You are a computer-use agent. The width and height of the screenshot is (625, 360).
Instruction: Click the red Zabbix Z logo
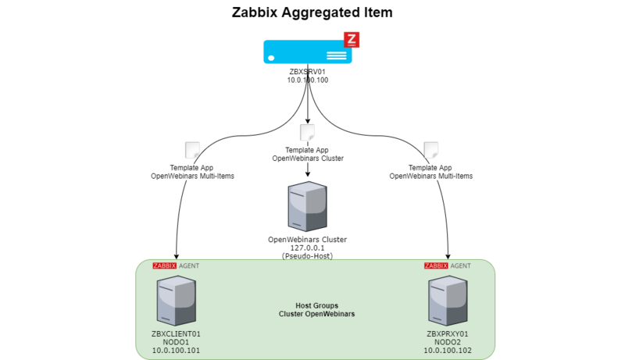point(352,40)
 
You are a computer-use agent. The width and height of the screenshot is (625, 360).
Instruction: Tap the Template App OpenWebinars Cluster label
point(308,154)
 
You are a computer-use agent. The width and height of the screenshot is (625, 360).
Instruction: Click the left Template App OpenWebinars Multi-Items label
point(192,172)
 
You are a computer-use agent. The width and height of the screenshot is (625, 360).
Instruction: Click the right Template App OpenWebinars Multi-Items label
point(431,172)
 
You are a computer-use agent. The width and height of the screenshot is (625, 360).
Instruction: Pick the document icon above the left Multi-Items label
point(192,150)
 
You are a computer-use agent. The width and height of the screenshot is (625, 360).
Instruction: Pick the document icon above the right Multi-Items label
point(431,150)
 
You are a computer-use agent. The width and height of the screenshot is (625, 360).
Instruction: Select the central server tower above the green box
point(307,206)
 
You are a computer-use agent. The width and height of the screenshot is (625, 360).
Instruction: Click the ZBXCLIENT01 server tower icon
point(177,301)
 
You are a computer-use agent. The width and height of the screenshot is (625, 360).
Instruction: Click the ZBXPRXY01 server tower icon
point(448,301)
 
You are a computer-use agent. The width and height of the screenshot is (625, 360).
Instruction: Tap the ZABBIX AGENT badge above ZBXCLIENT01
point(176,266)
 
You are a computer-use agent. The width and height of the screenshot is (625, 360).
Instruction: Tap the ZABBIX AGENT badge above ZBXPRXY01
point(448,266)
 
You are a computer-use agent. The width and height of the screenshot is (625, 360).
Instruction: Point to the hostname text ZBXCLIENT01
point(177,333)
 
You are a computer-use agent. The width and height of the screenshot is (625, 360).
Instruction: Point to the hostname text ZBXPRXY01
point(448,333)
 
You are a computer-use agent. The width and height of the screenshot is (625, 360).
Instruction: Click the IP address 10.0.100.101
point(177,351)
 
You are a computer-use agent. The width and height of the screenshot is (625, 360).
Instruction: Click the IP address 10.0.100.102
point(448,351)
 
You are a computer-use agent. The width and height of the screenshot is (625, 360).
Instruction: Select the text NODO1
point(177,342)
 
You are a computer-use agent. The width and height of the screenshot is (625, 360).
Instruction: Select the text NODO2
point(448,342)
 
